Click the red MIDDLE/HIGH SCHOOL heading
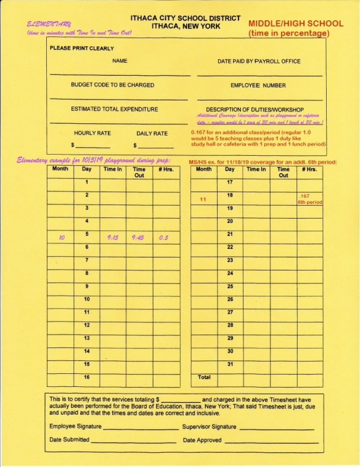296,23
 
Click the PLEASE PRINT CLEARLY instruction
81,48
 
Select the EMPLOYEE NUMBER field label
258,85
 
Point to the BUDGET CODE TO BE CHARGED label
112,85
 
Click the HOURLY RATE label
92,133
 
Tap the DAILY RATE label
152,133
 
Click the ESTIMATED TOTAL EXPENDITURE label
114,109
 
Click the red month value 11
203,200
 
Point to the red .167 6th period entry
306,198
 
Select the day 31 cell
230,363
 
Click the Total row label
203,376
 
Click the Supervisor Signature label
209,426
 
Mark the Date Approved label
202,441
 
